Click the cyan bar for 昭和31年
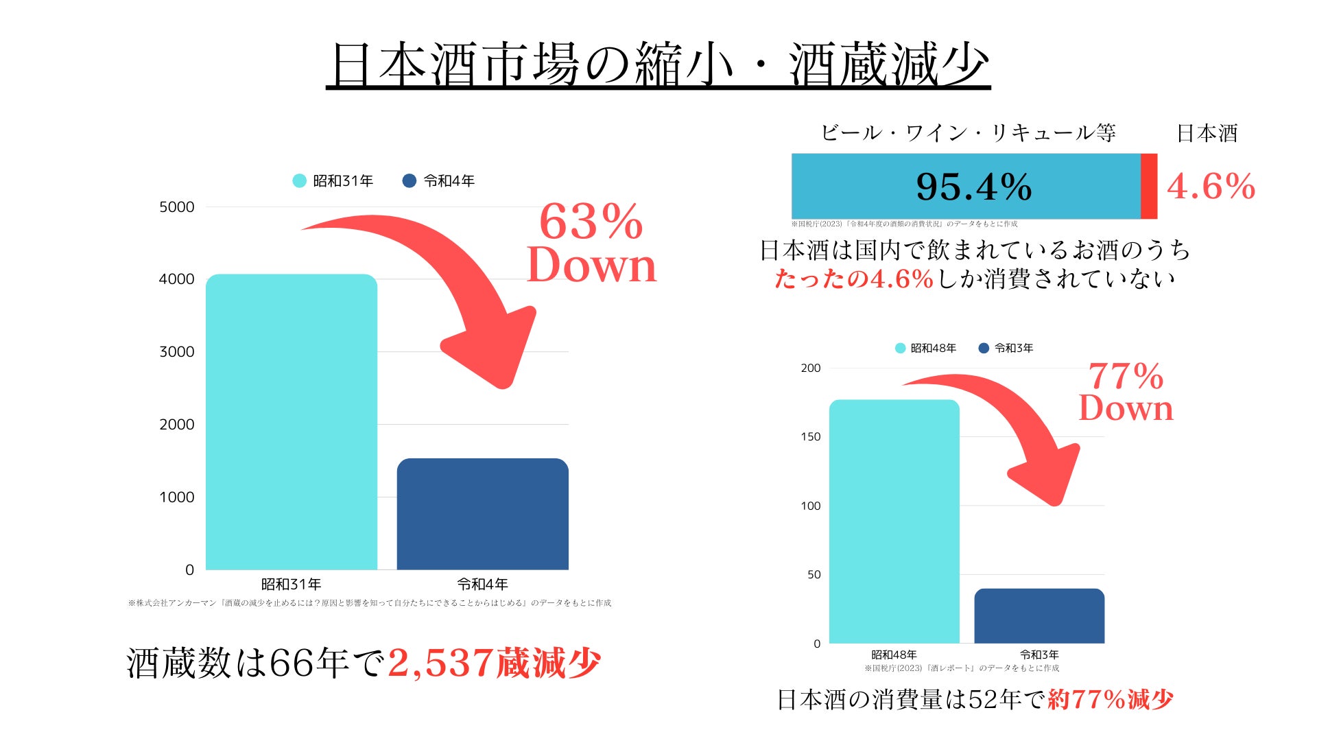pyautogui.click(x=292, y=422)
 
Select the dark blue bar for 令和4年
pyautogui.click(x=482, y=514)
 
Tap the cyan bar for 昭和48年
pyautogui.click(x=894, y=521)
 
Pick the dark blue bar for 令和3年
pyautogui.click(x=1039, y=615)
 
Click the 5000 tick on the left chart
pyautogui.click(x=177, y=207)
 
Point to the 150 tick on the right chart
pyautogui.click(x=810, y=437)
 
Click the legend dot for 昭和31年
pyautogui.click(x=299, y=181)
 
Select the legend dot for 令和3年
pyautogui.click(x=984, y=349)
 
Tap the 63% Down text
pyautogui.click(x=591, y=244)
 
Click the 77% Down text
pyautogui.click(x=1126, y=392)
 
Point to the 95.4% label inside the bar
pyautogui.click(x=973, y=187)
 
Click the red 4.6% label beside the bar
pyautogui.click(x=1211, y=187)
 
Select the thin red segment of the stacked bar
pyautogui.click(x=1149, y=187)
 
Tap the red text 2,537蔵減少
pyautogui.click(x=494, y=663)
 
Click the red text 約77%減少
pyautogui.click(x=1111, y=700)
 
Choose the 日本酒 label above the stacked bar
pyautogui.click(x=1207, y=133)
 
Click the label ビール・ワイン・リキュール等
pyautogui.click(x=968, y=133)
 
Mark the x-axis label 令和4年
pyautogui.click(x=482, y=585)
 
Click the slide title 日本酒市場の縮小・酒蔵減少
pyautogui.click(x=658, y=65)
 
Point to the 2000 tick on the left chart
pyautogui.click(x=177, y=425)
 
